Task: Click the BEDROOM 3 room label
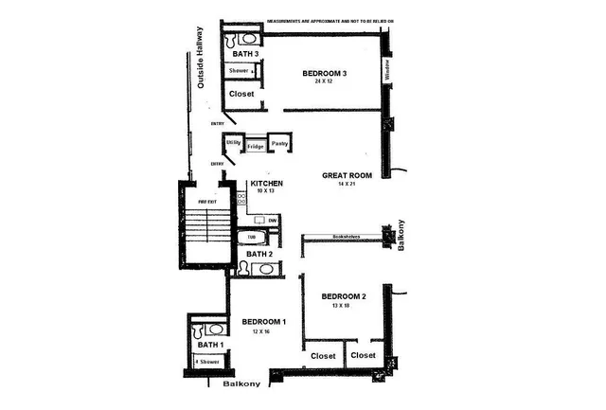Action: (325, 73)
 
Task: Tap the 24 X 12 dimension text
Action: (325, 82)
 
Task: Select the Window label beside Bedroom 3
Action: (386, 69)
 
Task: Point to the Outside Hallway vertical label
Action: (201, 58)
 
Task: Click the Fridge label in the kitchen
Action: (256, 147)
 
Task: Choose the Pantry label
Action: (279, 143)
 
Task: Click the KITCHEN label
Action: (264, 183)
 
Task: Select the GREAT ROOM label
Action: (346, 175)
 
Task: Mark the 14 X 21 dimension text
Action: (346, 185)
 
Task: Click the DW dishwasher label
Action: (272, 221)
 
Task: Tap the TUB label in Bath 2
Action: (252, 238)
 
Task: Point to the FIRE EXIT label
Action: (207, 202)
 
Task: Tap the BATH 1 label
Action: (209, 347)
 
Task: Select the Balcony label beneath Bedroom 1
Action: (241, 385)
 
